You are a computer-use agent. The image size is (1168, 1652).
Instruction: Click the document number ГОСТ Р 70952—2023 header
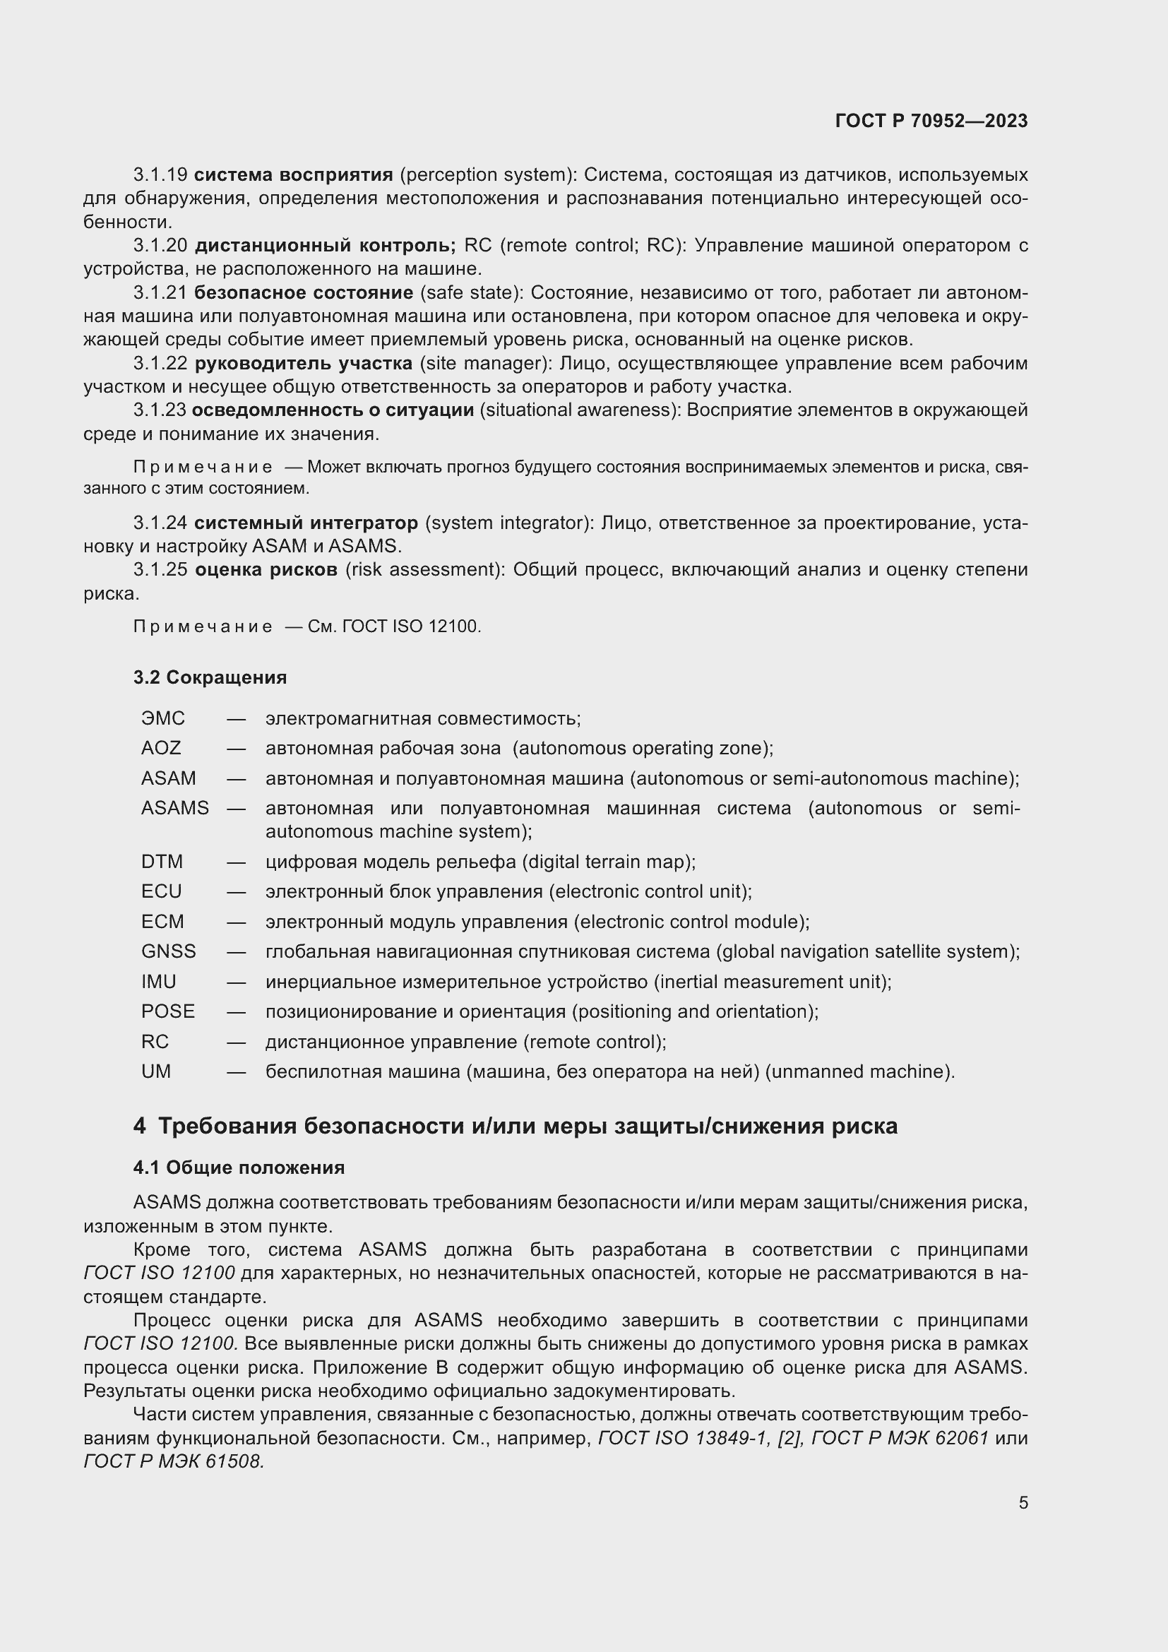click(931, 121)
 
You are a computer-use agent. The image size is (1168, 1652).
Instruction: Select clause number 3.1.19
click(160, 175)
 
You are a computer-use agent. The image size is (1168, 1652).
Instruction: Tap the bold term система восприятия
click(294, 175)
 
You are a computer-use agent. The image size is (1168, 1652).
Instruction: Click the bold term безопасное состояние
click(304, 293)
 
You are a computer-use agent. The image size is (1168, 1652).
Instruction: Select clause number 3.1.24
click(160, 523)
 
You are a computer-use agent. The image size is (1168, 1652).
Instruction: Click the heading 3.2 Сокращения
click(209, 677)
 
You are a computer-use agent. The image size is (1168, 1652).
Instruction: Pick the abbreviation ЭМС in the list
click(162, 718)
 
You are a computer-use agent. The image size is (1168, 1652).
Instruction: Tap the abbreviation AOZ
click(160, 748)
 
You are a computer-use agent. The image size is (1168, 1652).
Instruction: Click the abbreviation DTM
click(162, 861)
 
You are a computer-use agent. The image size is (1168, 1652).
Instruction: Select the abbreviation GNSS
click(168, 951)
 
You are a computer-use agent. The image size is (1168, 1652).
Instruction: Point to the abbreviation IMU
click(158, 982)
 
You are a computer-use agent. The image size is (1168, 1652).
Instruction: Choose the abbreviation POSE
click(167, 1011)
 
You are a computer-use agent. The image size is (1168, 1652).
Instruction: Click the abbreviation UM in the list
click(156, 1071)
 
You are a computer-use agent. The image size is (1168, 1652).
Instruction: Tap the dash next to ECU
click(236, 891)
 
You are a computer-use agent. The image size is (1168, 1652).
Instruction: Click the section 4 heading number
click(140, 1125)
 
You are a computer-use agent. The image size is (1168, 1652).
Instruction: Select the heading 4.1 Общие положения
click(238, 1167)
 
